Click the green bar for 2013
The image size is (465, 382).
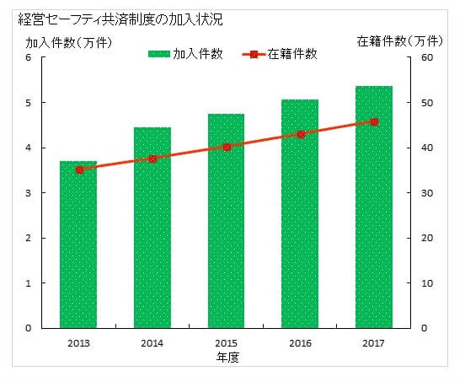pos(77,245)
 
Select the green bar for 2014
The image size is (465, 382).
pos(152,228)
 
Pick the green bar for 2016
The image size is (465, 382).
pos(300,214)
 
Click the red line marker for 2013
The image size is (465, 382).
pos(78,169)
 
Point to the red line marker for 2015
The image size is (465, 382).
pos(227,147)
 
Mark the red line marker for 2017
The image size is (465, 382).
pos(374,121)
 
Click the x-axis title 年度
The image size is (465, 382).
pos(226,357)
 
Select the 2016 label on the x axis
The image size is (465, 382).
pos(300,342)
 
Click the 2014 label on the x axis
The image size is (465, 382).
pos(152,342)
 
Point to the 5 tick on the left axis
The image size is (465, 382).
pos(28,103)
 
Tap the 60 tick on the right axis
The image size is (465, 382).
pos(426,57)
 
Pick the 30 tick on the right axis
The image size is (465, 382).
pos(426,193)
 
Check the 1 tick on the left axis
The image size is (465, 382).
pos(28,283)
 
